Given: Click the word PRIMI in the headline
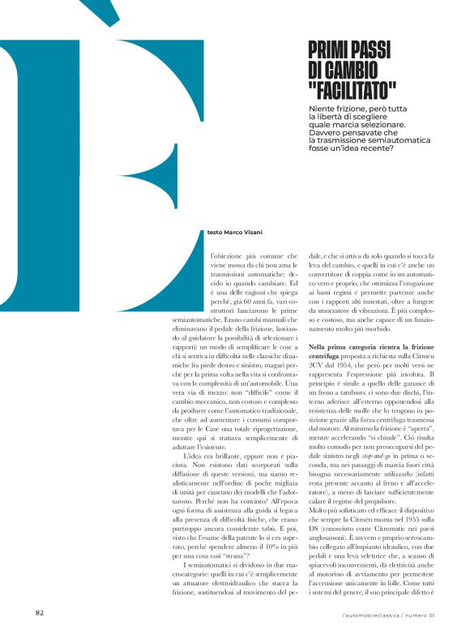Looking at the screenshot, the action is (330, 50).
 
